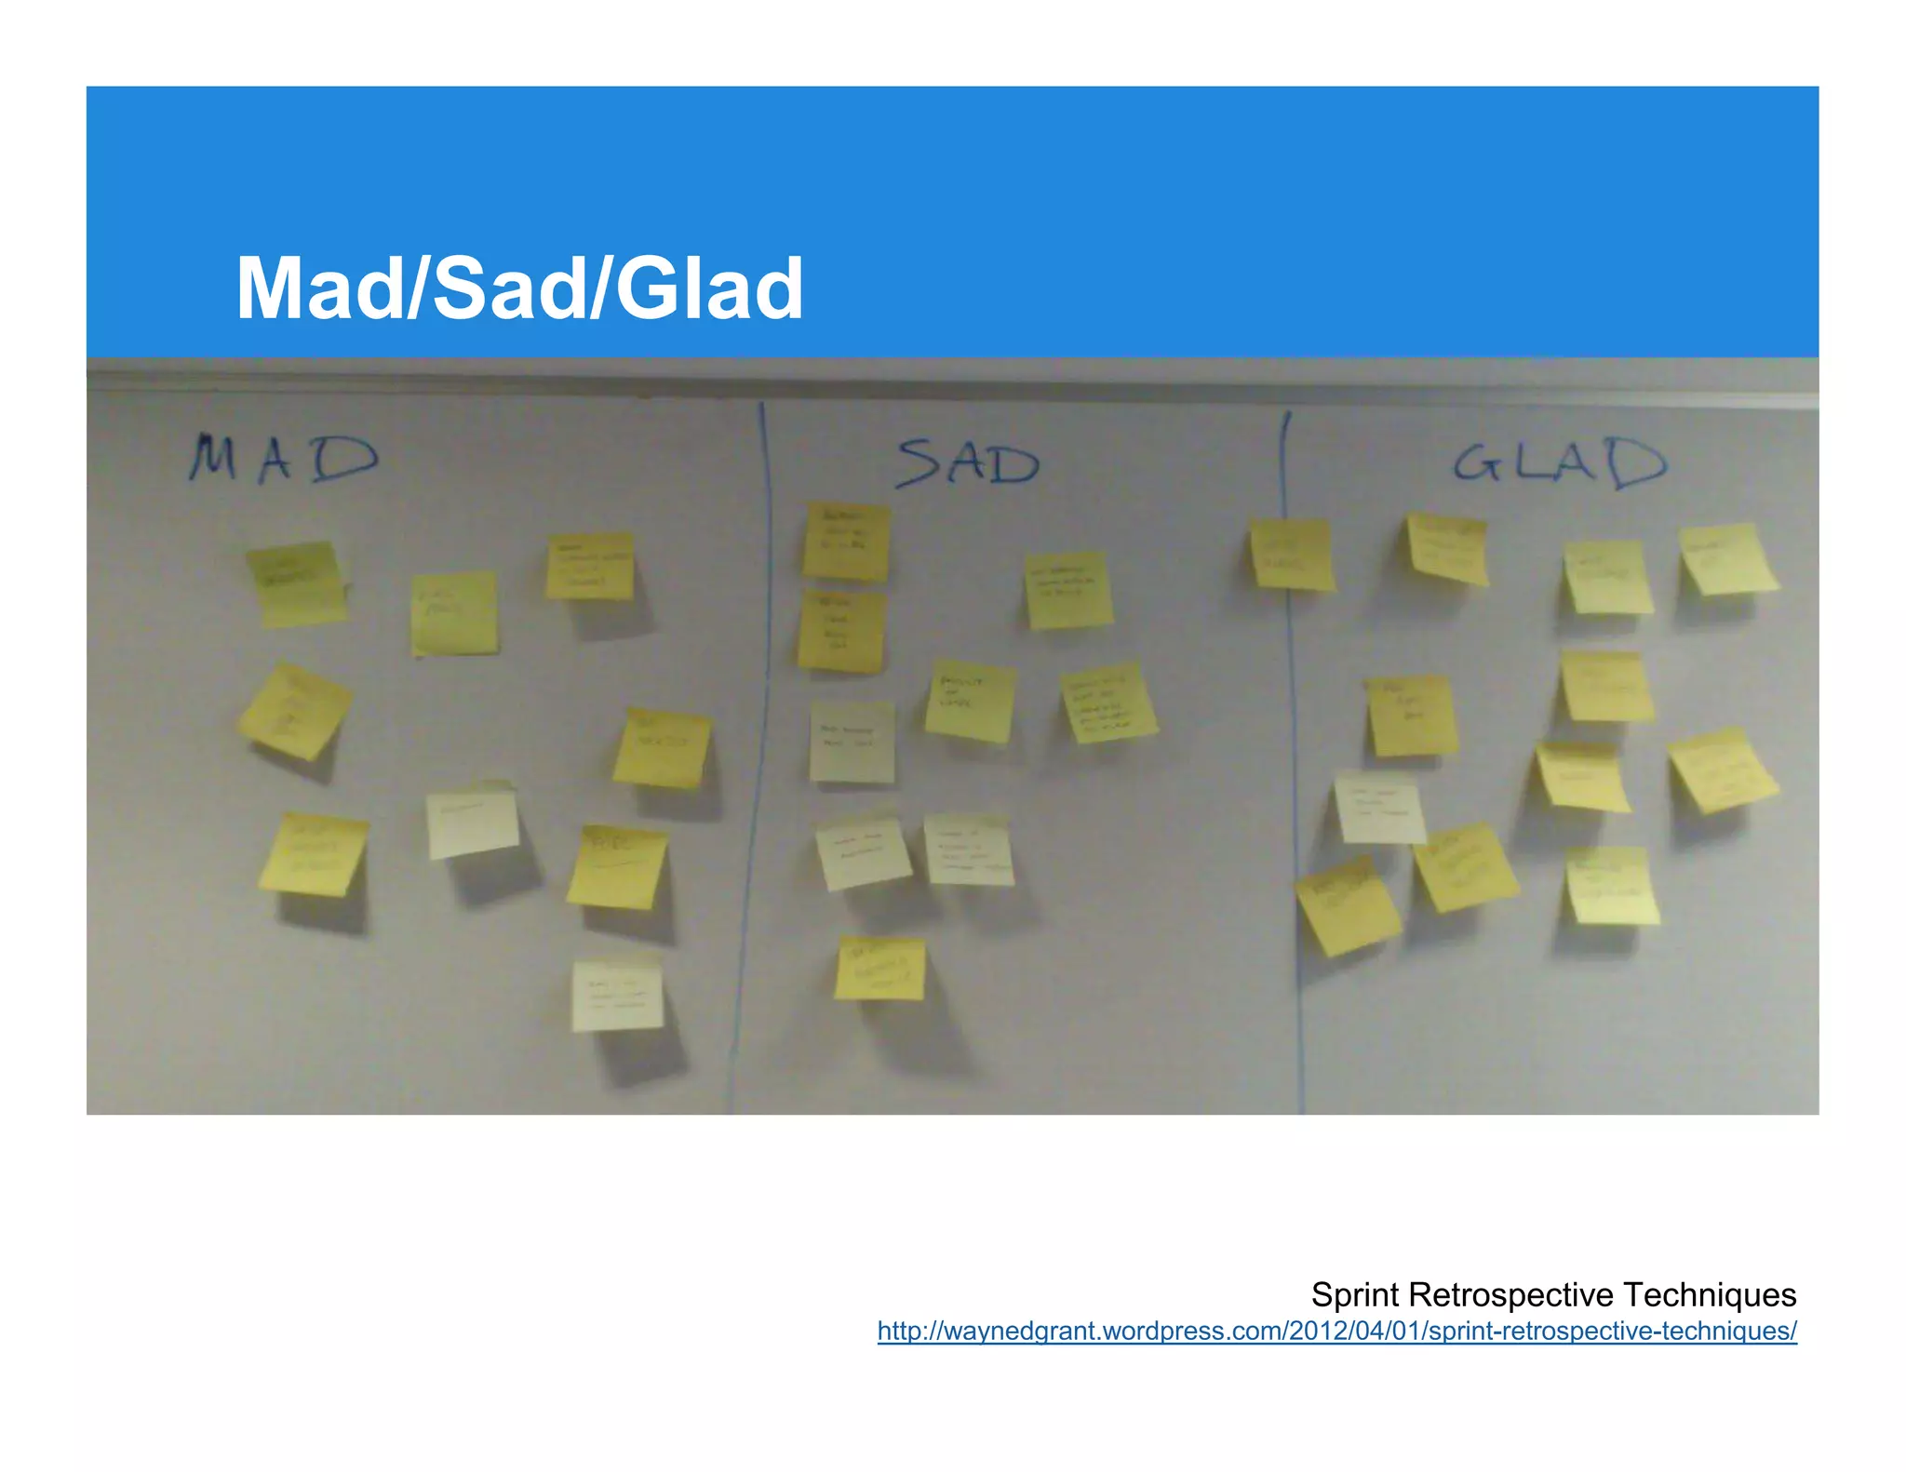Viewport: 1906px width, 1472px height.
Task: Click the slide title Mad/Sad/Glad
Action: click(519, 288)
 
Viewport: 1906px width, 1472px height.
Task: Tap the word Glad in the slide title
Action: click(709, 288)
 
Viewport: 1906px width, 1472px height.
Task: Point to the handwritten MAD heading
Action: click(283, 458)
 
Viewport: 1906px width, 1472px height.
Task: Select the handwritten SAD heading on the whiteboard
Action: click(968, 463)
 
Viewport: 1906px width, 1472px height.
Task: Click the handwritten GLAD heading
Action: click(1560, 462)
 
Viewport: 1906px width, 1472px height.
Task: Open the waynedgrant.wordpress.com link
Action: click(1336, 1331)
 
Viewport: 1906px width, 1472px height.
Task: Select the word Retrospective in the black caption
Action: click(1510, 1294)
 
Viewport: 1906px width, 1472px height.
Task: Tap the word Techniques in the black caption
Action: click(1710, 1294)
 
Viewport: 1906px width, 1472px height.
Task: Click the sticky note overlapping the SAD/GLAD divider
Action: click(1291, 555)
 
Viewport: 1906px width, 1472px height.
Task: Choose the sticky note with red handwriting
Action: click(862, 851)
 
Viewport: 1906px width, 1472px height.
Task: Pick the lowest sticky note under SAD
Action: click(879, 969)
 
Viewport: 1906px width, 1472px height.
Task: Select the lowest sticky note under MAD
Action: click(616, 996)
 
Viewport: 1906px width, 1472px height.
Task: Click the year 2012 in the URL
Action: click(1312, 1331)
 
